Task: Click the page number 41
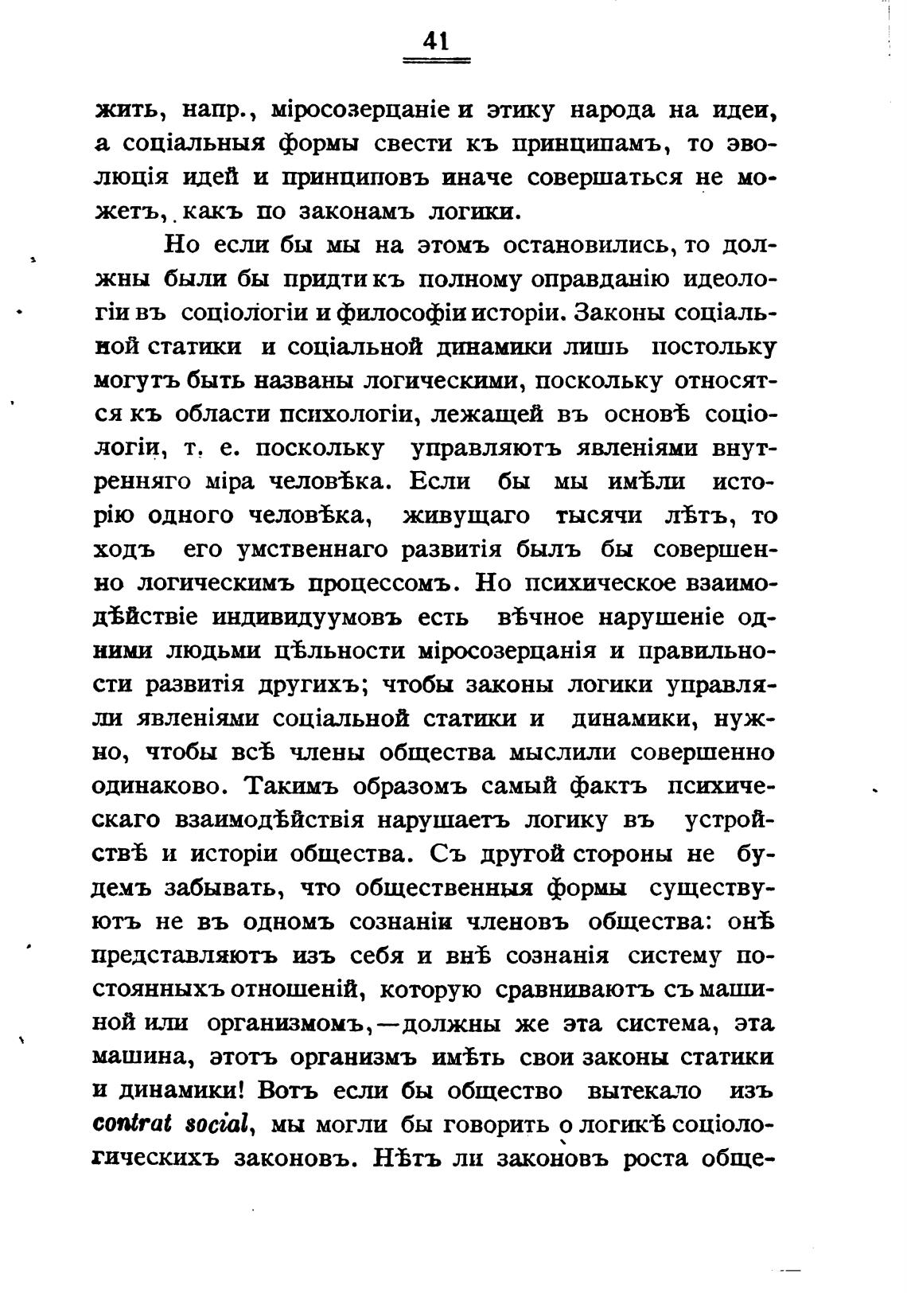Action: pos(437,40)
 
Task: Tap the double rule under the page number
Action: pos(437,60)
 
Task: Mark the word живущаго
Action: pos(466,516)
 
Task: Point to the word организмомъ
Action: pos(291,1022)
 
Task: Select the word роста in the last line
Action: pos(660,1158)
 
